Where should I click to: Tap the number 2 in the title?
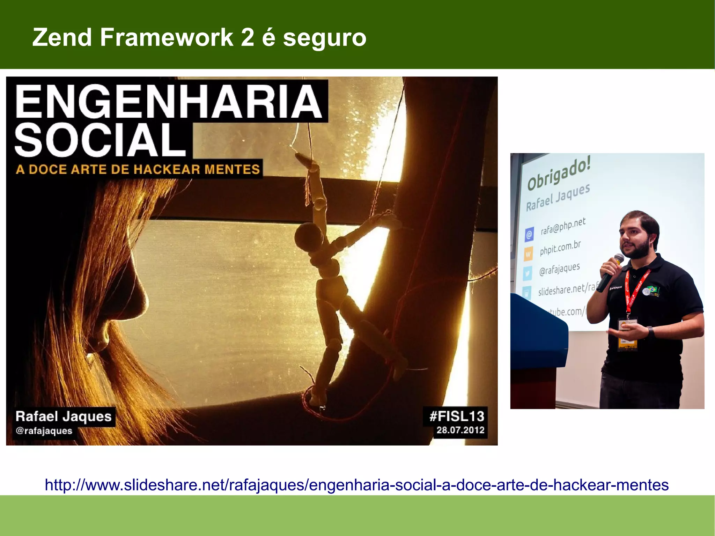[247, 37]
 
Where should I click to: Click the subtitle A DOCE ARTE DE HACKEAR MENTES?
[138, 169]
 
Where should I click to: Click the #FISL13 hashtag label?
[457, 416]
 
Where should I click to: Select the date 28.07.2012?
[460, 430]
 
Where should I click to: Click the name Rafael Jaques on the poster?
[64, 417]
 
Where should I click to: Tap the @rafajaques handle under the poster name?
[44, 431]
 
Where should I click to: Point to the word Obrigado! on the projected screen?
[559, 173]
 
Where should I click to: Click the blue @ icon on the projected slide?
[529, 234]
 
